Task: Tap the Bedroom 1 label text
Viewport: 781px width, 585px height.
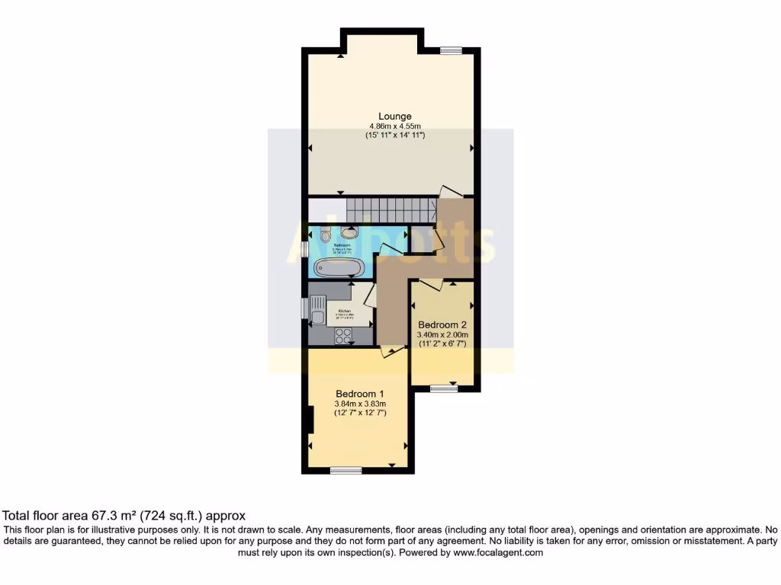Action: (x=360, y=393)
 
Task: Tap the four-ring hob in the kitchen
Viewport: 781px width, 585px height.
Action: (x=343, y=335)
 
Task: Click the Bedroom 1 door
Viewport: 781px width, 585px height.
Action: (x=392, y=350)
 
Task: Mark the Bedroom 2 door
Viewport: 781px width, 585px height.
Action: (x=432, y=284)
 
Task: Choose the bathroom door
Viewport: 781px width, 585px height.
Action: (x=392, y=249)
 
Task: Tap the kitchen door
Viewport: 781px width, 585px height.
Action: (x=369, y=294)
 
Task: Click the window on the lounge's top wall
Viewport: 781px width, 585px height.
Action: (x=451, y=50)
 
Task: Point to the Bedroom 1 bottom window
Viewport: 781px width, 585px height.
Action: (x=346, y=471)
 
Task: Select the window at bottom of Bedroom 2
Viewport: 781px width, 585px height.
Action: (x=443, y=389)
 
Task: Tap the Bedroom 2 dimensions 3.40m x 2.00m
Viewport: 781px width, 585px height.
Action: (x=442, y=334)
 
